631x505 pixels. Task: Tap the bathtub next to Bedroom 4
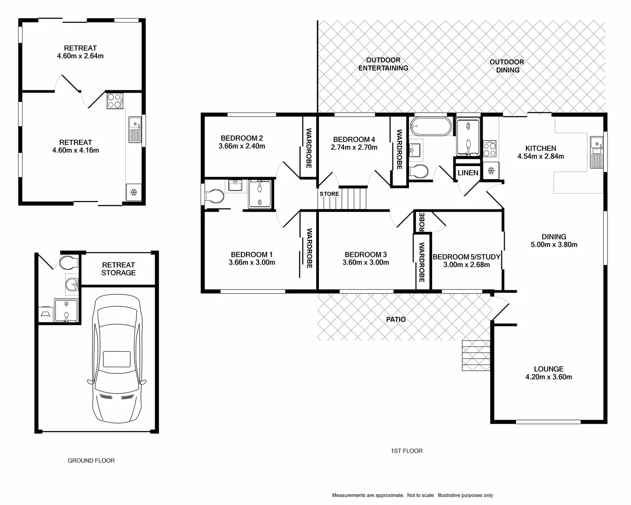click(430, 126)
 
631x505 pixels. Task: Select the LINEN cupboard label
click(468, 173)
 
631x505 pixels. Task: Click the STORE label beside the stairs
click(329, 194)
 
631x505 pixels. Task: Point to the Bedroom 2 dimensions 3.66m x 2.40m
click(241, 146)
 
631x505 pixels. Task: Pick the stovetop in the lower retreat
click(115, 101)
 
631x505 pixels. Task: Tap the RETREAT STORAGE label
click(118, 269)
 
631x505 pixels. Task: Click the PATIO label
click(396, 319)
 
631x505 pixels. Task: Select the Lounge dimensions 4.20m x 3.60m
click(548, 377)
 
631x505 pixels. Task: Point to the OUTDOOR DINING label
click(507, 66)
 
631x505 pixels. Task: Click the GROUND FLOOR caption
click(91, 461)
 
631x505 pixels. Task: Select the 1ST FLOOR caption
click(406, 451)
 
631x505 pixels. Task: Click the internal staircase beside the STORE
click(354, 198)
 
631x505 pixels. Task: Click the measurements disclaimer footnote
click(412, 495)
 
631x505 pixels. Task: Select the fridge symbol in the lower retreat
click(133, 192)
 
